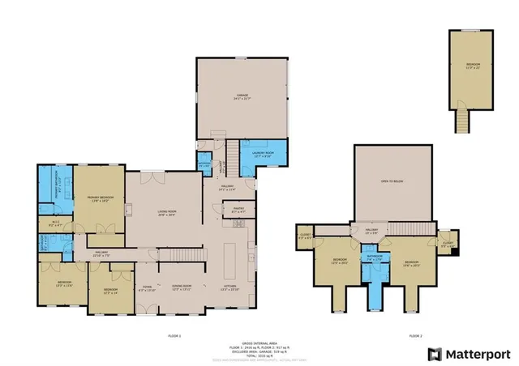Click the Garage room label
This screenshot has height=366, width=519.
click(x=242, y=96)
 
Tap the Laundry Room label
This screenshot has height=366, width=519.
click(x=269, y=154)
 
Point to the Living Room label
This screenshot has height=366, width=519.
click(x=167, y=213)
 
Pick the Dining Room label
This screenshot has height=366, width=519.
click(x=182, y=287)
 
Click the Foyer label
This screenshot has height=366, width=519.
click(x=147, y=287)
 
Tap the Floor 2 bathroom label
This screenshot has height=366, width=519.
click(x=374, y=258)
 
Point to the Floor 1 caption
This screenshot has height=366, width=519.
click(x=174, y=334)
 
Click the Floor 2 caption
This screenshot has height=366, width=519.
click(x=416, y=334)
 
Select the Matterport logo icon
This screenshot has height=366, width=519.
click(x=435, y=353)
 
